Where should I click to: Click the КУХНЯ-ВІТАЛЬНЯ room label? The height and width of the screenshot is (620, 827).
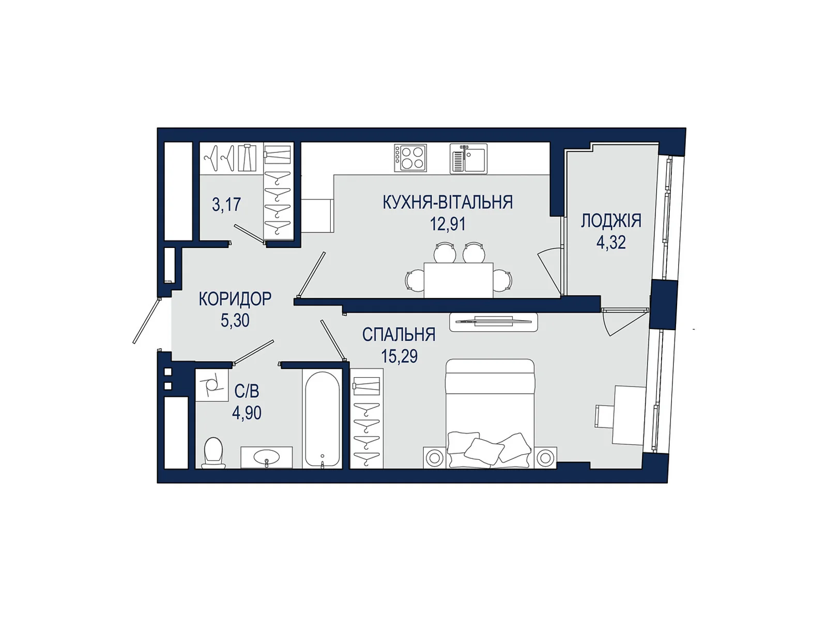[x=448, y=202]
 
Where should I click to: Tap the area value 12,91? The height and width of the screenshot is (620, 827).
[x=448, y=224]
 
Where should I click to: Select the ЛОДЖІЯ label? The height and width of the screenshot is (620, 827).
[x=611, y=221]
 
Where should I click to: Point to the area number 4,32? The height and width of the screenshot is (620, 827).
[x=611, y=242]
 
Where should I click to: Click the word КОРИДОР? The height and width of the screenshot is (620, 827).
[x=235, y=299]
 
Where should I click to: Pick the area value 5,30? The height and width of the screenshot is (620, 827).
[x=235, y=321]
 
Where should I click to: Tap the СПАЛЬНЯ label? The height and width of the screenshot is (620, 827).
[x=399, y=334]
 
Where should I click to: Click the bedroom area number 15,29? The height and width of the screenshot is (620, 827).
[x=400, y=356]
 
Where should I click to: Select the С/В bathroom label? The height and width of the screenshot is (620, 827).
[x=247, y=392]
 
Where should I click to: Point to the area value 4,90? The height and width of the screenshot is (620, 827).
[x=247, y=413]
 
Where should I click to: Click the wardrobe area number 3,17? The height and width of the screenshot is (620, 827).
[x=226, y=205]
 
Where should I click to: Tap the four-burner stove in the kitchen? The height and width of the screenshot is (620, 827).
[x=410, y=158]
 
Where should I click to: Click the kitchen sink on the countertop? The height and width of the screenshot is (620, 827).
[x=468, y=159]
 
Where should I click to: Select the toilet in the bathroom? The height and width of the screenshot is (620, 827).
[x=213, y=453]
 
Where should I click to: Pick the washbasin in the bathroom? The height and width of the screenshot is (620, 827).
[x=267, y=458]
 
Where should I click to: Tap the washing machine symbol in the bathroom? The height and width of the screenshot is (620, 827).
[x=212, y=385]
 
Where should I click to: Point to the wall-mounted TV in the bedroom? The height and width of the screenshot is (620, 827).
[x=494, y=322]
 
